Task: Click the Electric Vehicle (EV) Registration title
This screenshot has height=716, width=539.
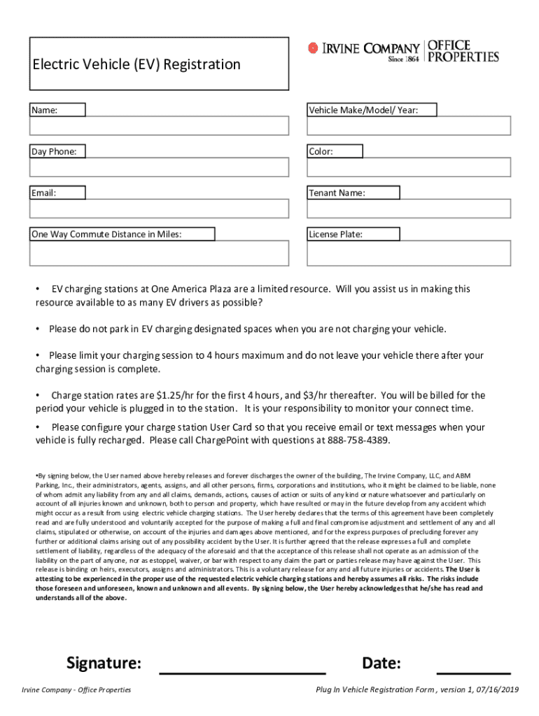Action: point(136,65)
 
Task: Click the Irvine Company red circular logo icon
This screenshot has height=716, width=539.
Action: point(313,48)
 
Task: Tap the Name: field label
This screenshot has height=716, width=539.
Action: point(45,110)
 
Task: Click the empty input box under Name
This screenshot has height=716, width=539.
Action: point(159,126)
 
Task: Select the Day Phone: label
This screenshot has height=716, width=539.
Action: point(54,151)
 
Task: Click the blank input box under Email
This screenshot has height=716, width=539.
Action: point(159,209)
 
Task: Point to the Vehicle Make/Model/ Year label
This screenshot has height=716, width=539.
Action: point(364,110)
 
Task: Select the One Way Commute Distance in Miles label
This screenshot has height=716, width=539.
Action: point(106,234)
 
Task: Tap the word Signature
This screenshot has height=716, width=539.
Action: point(104,663)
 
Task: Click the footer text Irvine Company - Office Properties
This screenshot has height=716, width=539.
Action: point(76,690)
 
